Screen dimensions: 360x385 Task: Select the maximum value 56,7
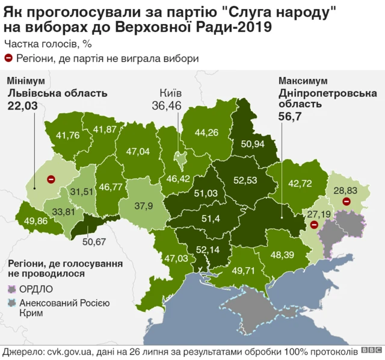[x=291, y=116]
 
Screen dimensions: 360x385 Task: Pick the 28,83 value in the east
[x=346, y=190]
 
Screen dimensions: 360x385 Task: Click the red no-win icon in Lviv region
[x=52, y=179]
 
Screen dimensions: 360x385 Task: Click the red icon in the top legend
[x=9, y=58]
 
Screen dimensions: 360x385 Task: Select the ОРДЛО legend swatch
[x=13, y=288]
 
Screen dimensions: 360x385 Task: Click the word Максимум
[x=303, y=81]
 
